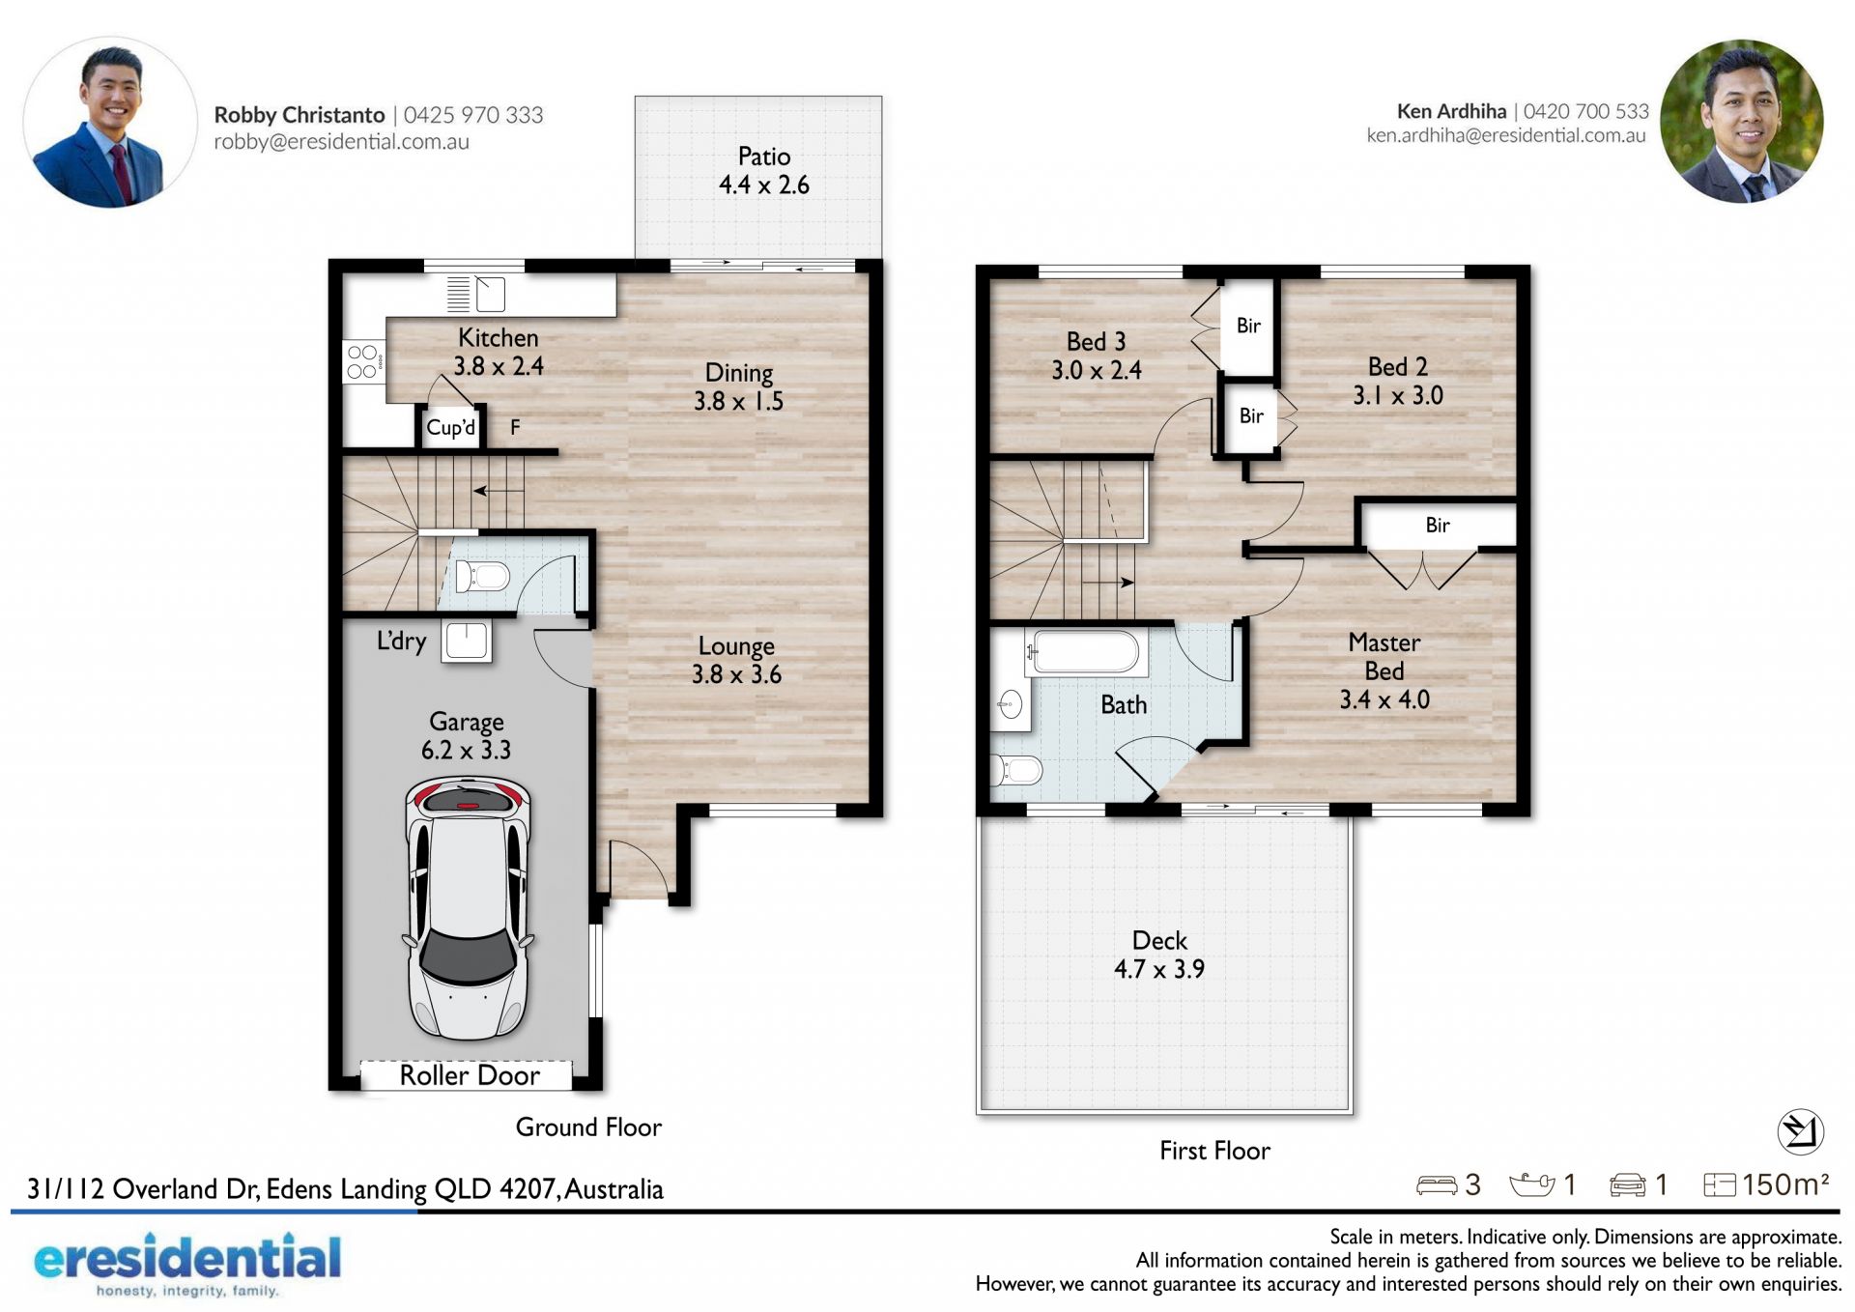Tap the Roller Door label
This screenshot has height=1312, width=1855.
470,1075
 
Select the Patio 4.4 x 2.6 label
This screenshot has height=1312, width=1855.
764,170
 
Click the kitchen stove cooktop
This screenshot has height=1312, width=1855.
364,361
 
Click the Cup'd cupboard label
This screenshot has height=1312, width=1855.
451,427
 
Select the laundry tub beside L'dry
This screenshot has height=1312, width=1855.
467,641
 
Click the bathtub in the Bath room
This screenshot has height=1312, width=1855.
1086,652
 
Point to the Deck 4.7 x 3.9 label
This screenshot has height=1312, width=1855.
1159,955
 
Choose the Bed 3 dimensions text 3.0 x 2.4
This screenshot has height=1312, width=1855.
1097,370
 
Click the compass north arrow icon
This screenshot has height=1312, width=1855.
1800,1130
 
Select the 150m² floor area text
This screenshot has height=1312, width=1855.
1785,1184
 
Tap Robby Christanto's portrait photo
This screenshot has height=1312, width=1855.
110,123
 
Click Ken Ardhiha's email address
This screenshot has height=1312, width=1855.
1505,135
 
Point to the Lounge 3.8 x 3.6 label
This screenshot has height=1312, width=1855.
736,660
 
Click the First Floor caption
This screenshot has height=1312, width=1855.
1214,1151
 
